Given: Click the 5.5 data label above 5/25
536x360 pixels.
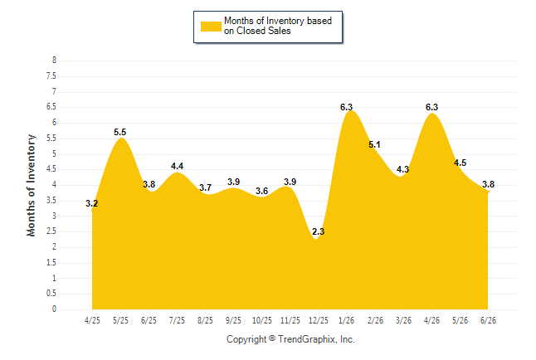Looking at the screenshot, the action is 120,132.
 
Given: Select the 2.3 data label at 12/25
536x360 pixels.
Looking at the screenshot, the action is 319,231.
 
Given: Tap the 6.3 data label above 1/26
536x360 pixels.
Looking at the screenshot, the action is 346,107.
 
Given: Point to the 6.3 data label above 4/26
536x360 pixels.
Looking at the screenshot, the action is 431,107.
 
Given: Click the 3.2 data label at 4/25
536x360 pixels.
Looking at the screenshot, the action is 91,203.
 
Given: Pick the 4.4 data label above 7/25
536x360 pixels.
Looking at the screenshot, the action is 177,166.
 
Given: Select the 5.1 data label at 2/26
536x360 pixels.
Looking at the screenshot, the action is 374,144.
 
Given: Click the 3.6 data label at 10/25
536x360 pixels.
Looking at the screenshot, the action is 262,191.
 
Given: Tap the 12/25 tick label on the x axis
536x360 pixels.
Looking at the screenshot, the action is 319,320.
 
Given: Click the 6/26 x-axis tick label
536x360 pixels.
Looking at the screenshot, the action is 488,320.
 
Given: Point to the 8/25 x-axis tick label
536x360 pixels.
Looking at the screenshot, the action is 205,320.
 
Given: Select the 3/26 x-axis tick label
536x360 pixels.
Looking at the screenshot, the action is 403,320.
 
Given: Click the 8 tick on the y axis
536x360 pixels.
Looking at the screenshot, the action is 54,61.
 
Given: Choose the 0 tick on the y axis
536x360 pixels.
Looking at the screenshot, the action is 54,309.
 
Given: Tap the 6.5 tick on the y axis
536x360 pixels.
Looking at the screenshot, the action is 51,107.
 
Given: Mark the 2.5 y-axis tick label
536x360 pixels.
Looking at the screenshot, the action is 51,231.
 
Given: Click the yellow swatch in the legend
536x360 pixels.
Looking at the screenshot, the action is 211,27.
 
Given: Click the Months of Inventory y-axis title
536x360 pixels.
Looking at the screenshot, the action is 31,185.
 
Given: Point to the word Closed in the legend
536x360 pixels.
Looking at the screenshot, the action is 251,31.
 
